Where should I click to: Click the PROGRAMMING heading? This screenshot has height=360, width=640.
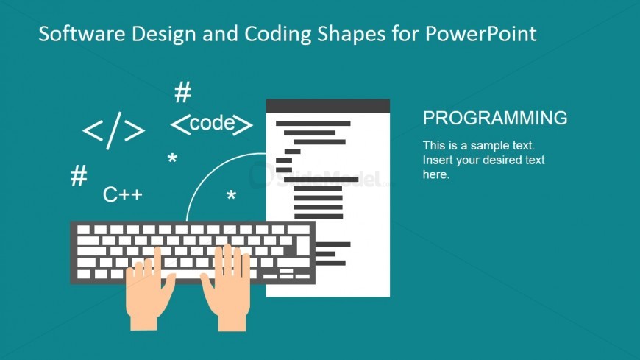click(x=495, y=118)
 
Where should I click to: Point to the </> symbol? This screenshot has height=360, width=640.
click(x=113, y=131)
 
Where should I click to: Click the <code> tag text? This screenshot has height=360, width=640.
click(x=212, y=124)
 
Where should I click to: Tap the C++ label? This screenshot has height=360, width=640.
click(x=122, y=194)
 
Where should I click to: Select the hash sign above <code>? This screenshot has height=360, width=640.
click(x=182, y=93)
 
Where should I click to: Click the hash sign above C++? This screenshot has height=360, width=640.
click(x=79, y=177)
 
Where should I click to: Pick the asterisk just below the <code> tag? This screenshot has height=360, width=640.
click(x=172, y=159)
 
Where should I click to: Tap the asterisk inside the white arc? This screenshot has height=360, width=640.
click(x=231, y=197)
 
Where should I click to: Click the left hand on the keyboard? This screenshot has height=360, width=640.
click(x=149, y=289)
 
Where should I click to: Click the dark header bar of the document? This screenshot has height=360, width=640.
click(x=327, y=105)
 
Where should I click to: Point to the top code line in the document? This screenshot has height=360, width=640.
click(x=313, y=124)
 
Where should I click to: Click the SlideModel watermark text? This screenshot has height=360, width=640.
click(x=346, y=177)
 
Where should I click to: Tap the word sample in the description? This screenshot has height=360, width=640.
click(x=484, y=146)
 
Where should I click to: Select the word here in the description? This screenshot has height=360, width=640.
click(x=435, y=174)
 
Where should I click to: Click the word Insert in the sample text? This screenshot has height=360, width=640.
click(x=438, y=160)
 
